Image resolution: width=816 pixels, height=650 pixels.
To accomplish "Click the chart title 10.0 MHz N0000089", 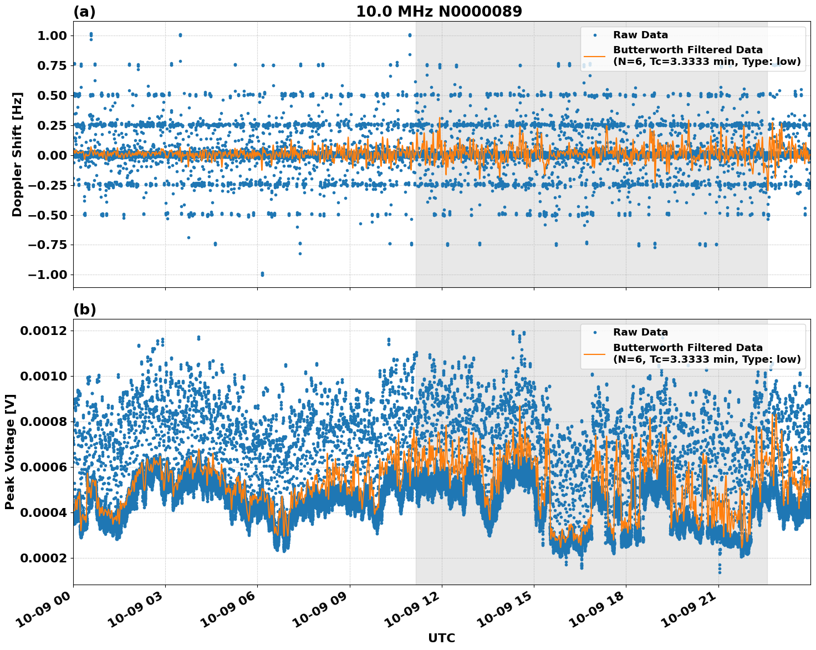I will (x=438, y=12).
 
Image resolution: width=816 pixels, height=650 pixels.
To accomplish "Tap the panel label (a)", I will (x=84, y=12).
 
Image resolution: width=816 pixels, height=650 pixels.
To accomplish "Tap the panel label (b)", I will (x=84, y=309).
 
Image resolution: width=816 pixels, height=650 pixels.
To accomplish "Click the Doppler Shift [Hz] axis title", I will (x=17, y=154).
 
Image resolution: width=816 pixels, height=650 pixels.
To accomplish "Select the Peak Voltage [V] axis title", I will (x=9, y=451).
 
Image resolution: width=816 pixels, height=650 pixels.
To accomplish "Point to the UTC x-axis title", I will (x=441, y=638).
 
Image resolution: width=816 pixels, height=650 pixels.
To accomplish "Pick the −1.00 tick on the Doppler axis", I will (x=48, y=275).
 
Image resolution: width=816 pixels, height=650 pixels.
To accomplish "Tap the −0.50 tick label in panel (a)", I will (x=48, y=215).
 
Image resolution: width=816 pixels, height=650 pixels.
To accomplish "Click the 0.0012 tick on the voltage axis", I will (x=43, y=331).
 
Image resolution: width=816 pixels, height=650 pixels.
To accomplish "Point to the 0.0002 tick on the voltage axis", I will (x=43, y=558).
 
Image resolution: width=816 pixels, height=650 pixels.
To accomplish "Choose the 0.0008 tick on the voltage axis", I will (x=43, y=422).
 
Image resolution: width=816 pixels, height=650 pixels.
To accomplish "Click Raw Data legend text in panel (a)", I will (x=640, y=35).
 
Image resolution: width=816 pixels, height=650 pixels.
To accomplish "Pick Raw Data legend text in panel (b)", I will (x=640, y=332).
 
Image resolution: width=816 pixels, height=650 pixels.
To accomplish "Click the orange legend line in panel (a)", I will (x=595, y=56).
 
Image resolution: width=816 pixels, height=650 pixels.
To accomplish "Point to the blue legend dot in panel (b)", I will (x=595, y=332).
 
